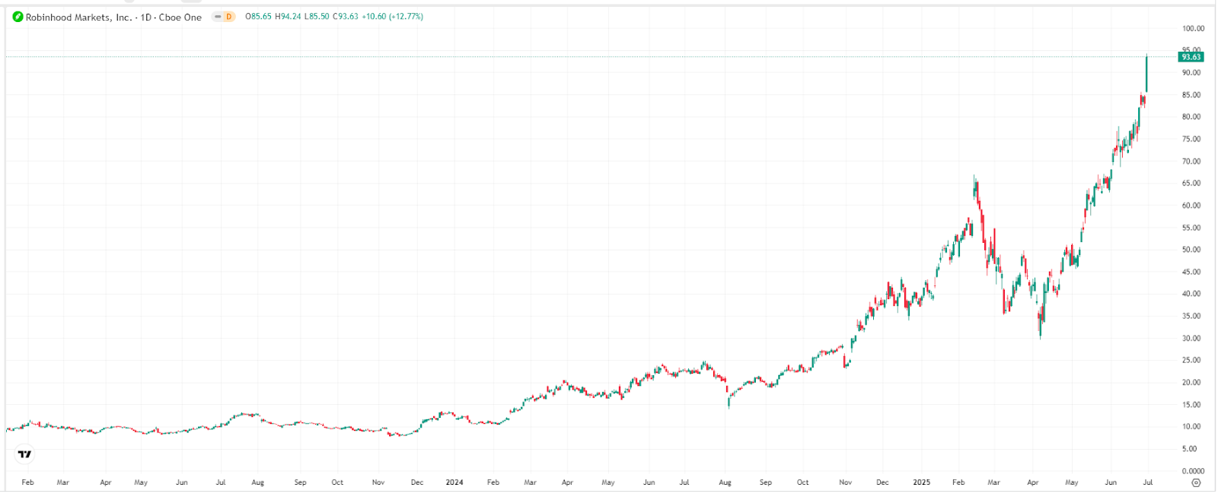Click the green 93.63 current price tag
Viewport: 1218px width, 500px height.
click(1191, 57)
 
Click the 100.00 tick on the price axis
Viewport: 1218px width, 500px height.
click(1193, 29)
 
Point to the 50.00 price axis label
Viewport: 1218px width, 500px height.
click(1191, 250)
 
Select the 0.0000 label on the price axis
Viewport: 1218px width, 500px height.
click(1193, 471)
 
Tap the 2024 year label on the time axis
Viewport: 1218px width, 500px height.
click(454, 482)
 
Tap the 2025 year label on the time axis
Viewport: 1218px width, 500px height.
click(921, 482)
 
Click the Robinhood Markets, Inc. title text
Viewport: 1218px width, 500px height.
click(78, 17)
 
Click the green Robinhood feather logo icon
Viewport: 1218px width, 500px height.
click(18, 17)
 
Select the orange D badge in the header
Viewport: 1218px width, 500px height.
click(228, 17)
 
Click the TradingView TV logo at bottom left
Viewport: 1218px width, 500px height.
click(25, 454)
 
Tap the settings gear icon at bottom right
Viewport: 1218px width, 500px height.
click(1196, 482)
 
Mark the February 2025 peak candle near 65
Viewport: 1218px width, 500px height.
click(975, 187)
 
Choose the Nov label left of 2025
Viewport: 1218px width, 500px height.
click(845, 482)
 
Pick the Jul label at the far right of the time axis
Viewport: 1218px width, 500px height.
click(1148, 482)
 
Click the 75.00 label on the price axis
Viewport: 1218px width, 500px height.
click(1191, 139)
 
